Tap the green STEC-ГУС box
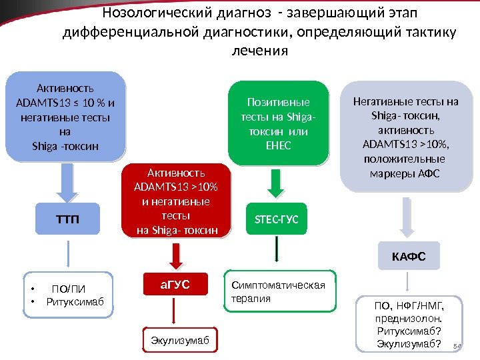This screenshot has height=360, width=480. coord(277,219)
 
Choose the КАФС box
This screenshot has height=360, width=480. coord(409,256)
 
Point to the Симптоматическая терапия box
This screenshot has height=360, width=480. coord(278,292)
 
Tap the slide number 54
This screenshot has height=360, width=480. coord(457,346)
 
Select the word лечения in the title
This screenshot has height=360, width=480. coord(261,51)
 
